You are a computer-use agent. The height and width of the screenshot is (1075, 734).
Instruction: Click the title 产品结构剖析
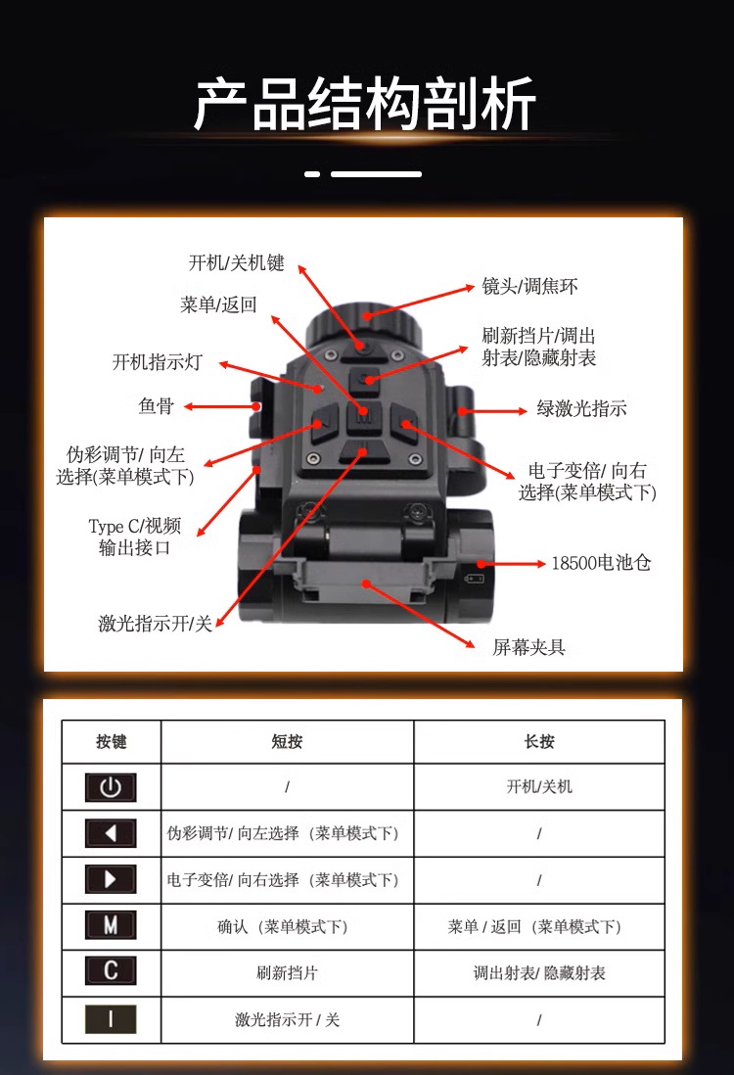[x=364, y=104]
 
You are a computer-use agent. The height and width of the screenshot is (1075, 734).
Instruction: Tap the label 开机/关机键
[x=237, y=262]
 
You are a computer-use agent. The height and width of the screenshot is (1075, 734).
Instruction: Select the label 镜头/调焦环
[x=529, y=286]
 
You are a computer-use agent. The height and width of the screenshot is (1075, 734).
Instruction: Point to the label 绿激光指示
[x=581, y=408]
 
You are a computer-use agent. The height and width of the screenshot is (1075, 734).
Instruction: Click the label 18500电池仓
[x=601, y=563]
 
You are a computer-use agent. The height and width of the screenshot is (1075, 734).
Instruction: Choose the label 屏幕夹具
[x=528, y=647]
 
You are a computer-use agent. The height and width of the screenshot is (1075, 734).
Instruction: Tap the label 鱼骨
[x=157, y=406]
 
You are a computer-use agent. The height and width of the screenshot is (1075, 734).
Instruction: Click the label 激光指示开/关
[x=156, y=624]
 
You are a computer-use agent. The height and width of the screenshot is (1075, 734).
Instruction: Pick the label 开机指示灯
[x=158, y=362]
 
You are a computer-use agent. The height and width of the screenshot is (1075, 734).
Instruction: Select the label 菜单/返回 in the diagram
[x=218, y=304]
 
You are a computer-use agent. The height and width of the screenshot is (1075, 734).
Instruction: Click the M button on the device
[x=364, y=415]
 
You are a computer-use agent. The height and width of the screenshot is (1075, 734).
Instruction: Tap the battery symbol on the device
[x=475, y=579]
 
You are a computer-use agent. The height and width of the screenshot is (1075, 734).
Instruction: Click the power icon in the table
[x=111, y=787]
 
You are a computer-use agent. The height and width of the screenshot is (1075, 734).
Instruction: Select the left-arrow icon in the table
[x=111, y=833]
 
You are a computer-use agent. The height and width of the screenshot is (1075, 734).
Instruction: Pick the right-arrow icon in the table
[x=111, y=879]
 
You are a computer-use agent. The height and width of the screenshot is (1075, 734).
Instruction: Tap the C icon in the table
[x=111, y=971]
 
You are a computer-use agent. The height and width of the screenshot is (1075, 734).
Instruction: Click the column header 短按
[x=287, y=741]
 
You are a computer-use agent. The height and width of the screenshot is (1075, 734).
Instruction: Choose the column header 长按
[x=539, y=741]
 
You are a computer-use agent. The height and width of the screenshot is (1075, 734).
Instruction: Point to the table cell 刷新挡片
[x=287, y=973]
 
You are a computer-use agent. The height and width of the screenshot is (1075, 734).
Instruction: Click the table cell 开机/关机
[x=539, y=786]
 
